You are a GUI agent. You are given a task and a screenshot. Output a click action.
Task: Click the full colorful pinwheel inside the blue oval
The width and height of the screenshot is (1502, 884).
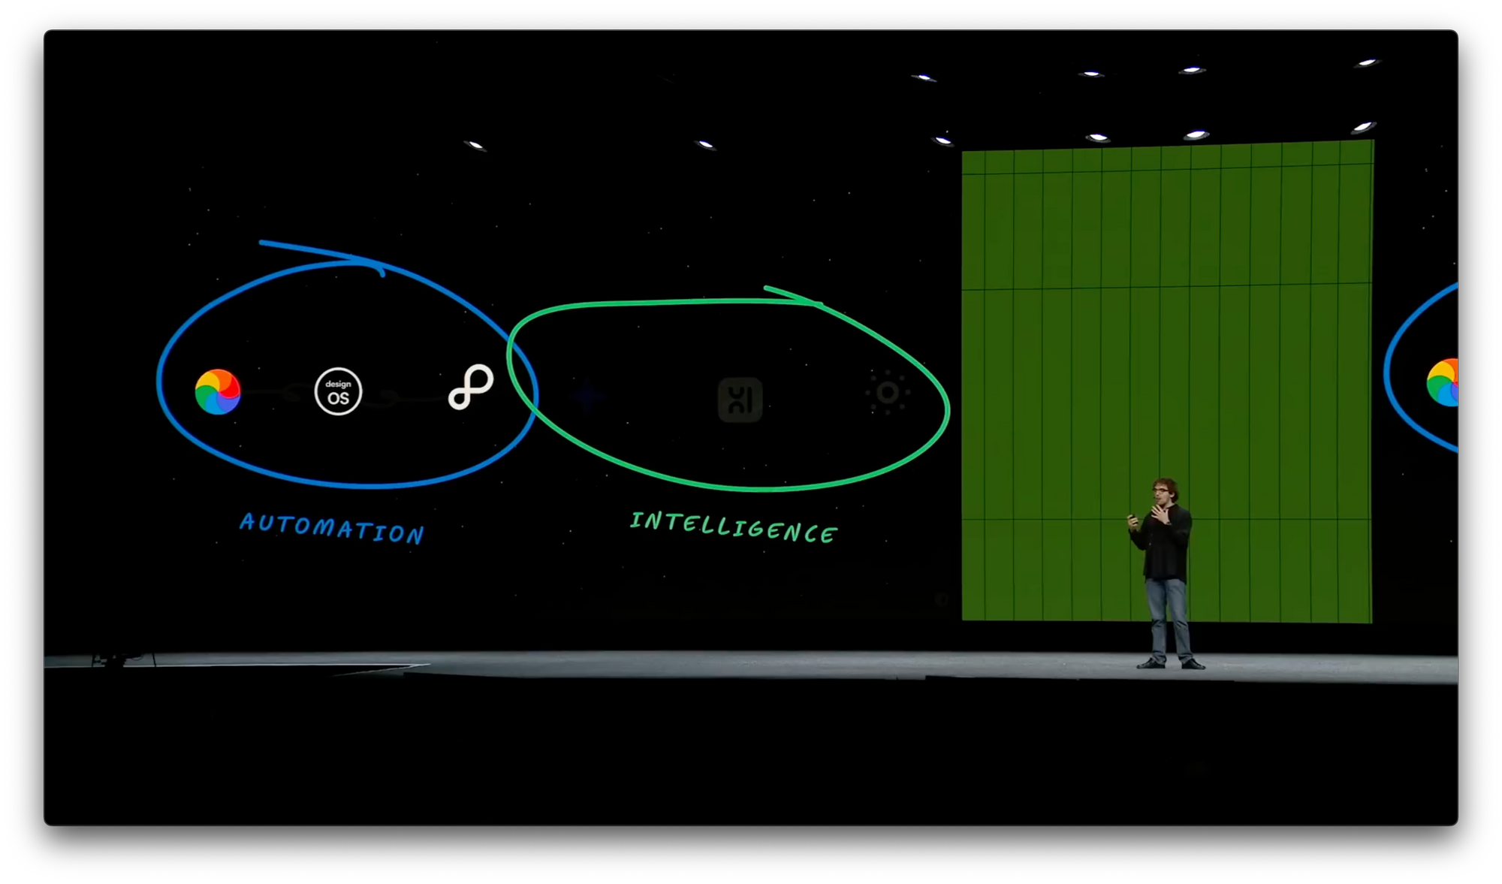[x=218, y=391]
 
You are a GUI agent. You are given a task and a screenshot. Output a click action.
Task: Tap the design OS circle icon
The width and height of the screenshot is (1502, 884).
[x=338, y=391]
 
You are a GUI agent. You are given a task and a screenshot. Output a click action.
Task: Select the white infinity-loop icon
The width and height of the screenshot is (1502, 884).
[x=471, y=387]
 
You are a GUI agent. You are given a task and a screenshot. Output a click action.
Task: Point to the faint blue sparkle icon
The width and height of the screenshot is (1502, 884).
[x=587, y=397]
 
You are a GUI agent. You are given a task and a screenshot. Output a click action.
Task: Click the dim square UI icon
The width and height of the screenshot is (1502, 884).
[x=740, y=400]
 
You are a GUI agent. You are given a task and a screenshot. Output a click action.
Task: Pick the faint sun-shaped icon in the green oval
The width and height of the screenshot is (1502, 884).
[x=887, y=392]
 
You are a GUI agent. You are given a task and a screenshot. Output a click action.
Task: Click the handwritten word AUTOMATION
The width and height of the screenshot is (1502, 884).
[x=331, y=528]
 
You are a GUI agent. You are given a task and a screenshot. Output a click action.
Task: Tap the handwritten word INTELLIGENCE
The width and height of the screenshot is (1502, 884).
[x=733, y=526]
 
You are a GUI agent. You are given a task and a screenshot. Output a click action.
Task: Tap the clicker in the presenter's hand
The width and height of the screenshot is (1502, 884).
[x=1132, y=517]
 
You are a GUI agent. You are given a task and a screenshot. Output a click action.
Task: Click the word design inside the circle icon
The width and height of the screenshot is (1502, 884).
[x=338, y=384]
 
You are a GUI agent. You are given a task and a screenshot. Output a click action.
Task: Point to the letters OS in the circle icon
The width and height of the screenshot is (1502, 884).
[x=338, y=398]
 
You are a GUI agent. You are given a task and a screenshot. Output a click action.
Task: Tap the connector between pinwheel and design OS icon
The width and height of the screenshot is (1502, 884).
[x=278, y=391]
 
